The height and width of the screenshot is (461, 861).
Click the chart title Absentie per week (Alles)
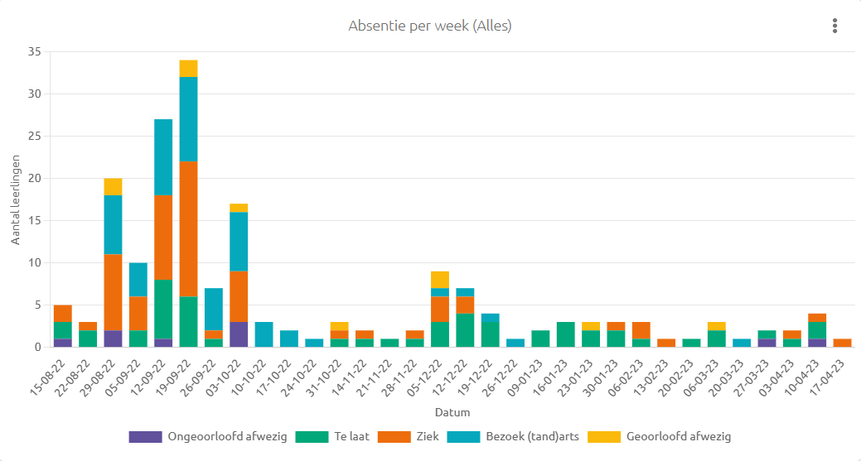coord(430,26)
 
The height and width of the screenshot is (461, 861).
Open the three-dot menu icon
coord(834,26)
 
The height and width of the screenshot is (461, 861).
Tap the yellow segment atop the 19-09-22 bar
coord(188,69)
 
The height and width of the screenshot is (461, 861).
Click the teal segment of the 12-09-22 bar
coord(163,157)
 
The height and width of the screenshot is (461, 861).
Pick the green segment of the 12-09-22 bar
coord(163,310)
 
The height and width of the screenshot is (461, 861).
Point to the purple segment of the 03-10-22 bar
coord(239,334)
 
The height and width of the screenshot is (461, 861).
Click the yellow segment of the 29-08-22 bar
coord(114,187)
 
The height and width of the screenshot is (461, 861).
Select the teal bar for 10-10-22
coord(264,334)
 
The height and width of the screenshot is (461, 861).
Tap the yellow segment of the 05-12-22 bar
coord(440,280)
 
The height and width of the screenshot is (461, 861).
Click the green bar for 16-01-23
coord(566,334)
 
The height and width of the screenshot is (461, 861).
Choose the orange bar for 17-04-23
coord(842,343)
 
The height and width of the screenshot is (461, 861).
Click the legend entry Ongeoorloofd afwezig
coord(208,437)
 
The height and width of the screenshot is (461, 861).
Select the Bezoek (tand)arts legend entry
coord(513,437)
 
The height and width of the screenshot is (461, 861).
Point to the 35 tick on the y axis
coord(35,51)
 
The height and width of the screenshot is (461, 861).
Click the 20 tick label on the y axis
coord(35,178)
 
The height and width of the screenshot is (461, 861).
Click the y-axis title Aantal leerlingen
coord(16,199)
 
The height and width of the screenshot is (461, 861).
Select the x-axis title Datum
coord(452,412)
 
